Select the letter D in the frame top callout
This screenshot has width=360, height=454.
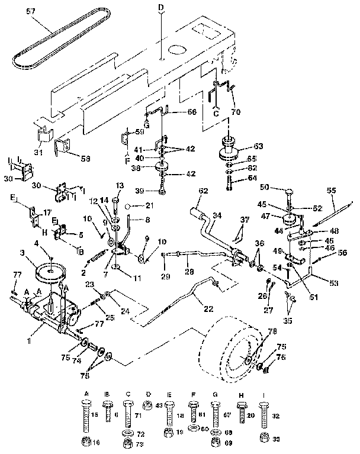point(160,7)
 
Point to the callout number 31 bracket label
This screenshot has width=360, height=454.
point(40,153)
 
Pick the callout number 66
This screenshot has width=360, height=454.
point(191,112)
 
